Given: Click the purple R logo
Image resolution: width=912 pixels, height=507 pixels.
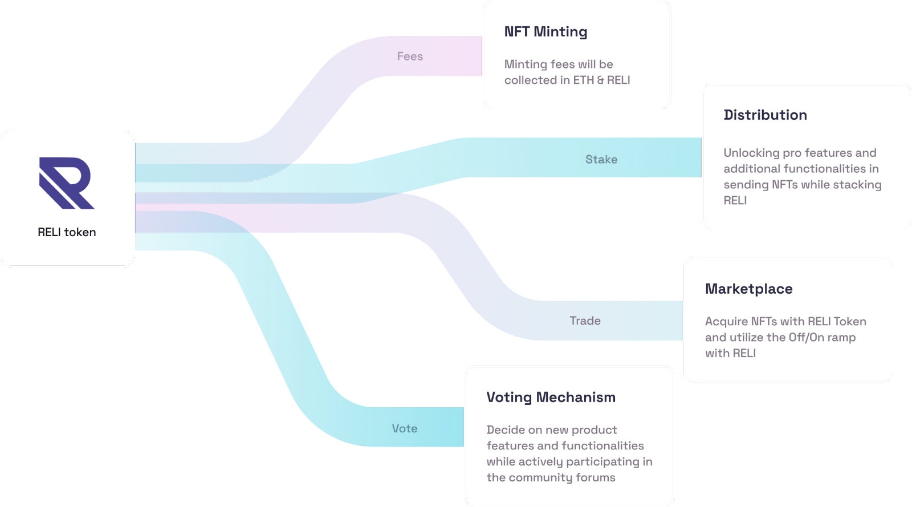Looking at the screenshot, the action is click(66, 183).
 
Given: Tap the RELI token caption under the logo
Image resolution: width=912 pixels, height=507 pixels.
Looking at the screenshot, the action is click(67, 232).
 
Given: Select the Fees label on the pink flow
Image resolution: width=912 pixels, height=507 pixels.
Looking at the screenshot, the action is click(410, 56).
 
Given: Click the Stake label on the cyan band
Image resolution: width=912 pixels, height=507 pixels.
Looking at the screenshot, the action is click(601, 159).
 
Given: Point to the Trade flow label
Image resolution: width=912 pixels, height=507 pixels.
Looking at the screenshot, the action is click(585, 321).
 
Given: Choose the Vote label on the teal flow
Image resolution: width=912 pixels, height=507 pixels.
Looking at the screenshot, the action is click(405, 428).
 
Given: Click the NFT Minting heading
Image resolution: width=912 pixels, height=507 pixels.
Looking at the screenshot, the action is click(545, 32).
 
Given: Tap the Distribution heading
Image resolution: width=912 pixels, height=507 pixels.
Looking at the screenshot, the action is click(766, 115).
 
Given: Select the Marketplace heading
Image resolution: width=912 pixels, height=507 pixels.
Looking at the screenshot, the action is click(749, 289).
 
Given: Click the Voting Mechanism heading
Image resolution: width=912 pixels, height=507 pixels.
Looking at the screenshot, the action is click(551, 397).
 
